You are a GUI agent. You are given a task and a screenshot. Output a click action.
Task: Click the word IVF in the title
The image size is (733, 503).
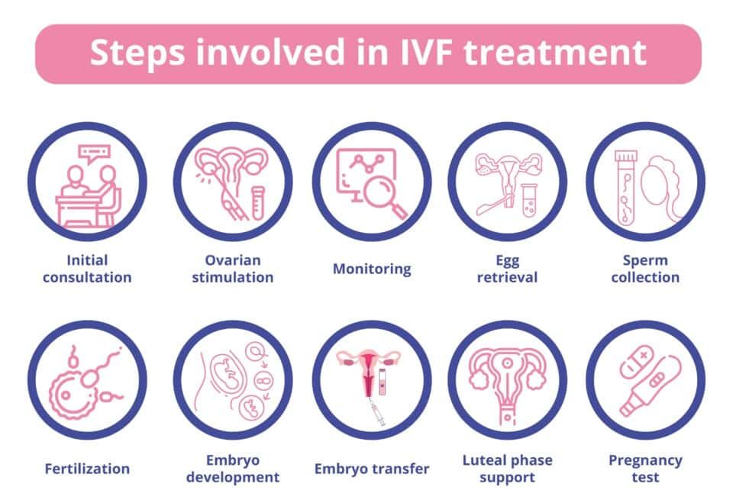click(426, 53)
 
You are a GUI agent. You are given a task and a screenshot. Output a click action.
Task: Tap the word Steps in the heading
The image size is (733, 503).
click(137, 53)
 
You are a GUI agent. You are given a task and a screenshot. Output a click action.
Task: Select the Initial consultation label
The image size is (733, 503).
click(87, 269)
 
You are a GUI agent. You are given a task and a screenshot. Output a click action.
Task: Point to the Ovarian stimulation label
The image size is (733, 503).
click(233, 269)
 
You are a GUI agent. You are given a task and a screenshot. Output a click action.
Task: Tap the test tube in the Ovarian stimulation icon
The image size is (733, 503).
click(258, 202)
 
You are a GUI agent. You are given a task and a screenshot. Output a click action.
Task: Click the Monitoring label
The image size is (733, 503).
click(372, 269)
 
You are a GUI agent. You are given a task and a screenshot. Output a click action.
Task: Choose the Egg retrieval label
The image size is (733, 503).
click(507, 269)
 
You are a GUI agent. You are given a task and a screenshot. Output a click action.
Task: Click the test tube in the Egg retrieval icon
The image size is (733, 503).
click(529, 200)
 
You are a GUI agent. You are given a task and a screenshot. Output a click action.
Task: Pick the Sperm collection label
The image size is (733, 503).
click(645, 269)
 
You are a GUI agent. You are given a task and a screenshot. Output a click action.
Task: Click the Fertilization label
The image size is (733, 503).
click(87, 469)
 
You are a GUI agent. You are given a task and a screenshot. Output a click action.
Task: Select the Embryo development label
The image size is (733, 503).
click(233, 469)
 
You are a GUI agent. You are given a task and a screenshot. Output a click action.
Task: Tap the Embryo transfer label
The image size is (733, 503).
click(372, 469)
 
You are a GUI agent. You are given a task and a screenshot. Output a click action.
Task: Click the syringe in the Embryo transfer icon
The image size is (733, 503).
click(376, 412)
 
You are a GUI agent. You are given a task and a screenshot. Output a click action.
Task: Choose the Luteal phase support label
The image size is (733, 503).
click(507, 469)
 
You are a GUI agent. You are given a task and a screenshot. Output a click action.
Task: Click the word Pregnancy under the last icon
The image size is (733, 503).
click(645, 461)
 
